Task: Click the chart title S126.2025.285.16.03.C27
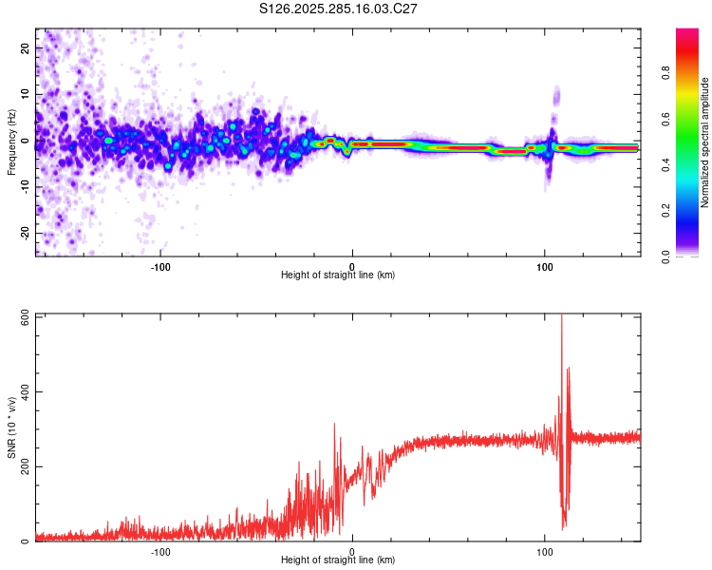click(x=339, y=9)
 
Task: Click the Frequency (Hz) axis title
click(x=11, y=142)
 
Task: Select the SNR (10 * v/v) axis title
click(x=11, y=427)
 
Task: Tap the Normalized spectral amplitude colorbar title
click(x=704, y=142)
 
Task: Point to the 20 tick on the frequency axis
click(x=26, y=47)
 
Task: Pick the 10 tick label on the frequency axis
click(x=26, y=94)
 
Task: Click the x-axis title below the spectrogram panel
click(x=338, y=275)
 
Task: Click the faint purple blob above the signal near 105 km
click(x=556, y=97)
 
